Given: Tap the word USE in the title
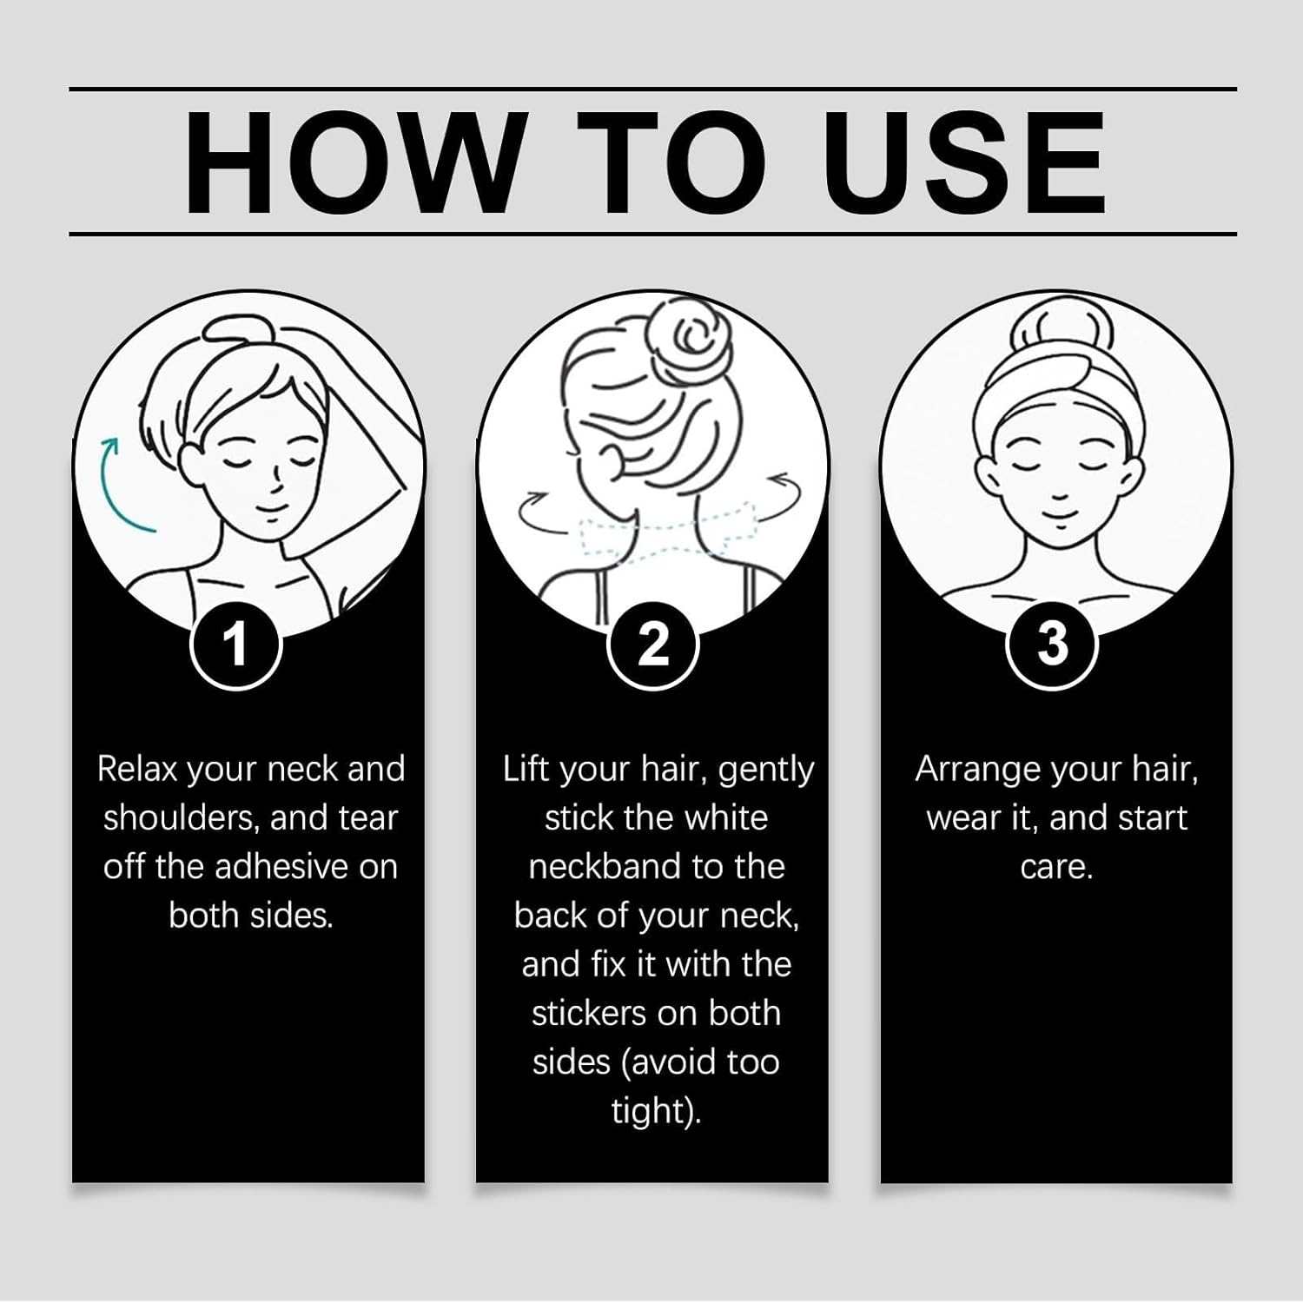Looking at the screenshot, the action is tap(965, 162).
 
